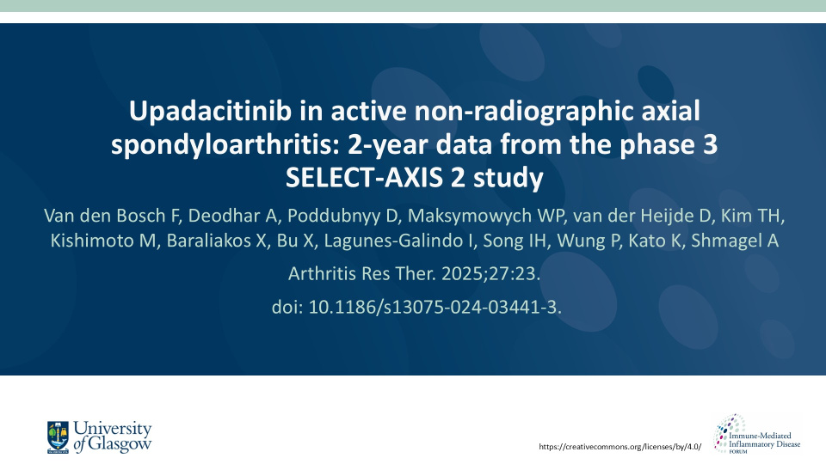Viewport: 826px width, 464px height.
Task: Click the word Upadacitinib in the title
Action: coord(210,112)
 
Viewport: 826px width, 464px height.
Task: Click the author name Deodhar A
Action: coord(232,216)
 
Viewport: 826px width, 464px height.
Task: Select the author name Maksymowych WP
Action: coord(484,217)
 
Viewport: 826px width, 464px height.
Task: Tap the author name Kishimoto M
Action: coord(103,241)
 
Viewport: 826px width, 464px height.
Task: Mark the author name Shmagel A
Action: coord(734,241)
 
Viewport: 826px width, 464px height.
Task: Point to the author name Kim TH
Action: coord(752,216)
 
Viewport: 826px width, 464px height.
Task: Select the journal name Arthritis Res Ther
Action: coord(362,273)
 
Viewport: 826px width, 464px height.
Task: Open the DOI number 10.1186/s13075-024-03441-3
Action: coord(435,307)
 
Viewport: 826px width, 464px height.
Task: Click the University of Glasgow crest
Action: coord(58,437)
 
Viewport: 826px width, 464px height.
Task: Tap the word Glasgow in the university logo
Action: coord(120,444)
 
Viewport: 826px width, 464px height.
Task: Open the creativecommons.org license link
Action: coord(620,447)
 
